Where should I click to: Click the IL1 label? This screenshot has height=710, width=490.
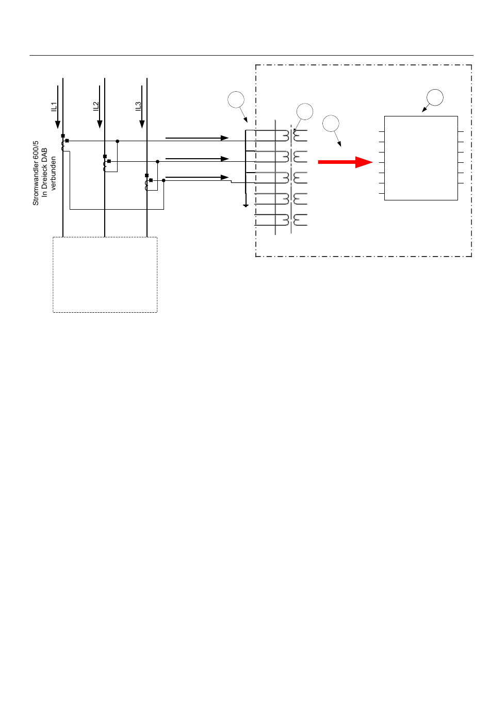(54, 107)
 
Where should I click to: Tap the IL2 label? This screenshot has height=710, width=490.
(96, 106)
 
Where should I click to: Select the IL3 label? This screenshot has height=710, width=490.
(138, 106)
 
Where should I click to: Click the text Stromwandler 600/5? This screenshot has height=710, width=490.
(36, 173)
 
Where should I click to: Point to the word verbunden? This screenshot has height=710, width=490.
(53, 173)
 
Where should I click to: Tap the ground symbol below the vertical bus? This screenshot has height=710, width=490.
(246, 206)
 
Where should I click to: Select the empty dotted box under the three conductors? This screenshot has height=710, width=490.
(105, 274)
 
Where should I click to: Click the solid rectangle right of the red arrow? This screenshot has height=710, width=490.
(421, 158)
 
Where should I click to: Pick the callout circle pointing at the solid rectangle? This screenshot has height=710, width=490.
(435, 97)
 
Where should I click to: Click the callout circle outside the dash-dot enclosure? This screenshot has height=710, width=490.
(236, 99)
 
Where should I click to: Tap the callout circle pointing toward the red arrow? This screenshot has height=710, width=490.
(331, 123)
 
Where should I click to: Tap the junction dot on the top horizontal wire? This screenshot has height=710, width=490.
(118, 141)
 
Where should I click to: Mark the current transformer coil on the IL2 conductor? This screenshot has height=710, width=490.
(105, 166)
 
